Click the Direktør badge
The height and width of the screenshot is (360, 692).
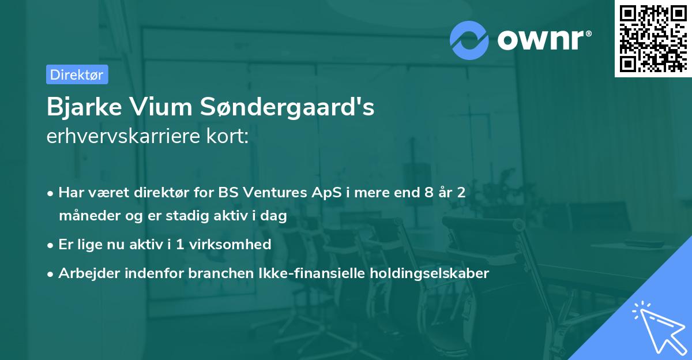(x=77, y=74)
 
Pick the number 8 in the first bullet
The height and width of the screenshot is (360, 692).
(x=428, y=193)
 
